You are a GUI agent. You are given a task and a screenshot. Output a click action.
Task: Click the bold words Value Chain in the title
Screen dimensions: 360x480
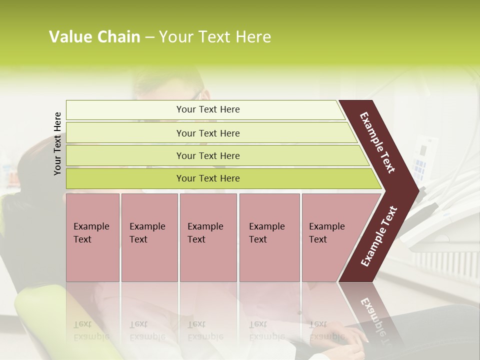coord(94,37)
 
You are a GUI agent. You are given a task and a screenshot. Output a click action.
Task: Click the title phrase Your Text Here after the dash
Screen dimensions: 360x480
coord(215,37)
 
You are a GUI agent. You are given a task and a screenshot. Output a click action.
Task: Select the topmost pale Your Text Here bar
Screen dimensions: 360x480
coord(207,109)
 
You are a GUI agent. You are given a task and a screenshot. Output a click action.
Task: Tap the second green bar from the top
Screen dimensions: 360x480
coord(207,133)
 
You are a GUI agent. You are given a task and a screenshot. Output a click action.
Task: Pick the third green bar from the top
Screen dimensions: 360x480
coord(207,155)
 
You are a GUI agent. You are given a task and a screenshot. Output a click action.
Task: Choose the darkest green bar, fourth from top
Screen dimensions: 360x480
coord(207,178)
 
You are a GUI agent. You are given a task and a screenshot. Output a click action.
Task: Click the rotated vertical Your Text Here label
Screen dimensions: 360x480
coord(57,143)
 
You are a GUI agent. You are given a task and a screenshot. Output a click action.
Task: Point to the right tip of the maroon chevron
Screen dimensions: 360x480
coord(416,190)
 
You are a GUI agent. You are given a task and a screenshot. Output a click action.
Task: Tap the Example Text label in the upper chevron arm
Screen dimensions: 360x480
coord(377,142)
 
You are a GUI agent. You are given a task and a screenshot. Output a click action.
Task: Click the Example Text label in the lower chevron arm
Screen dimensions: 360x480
coord(379,236)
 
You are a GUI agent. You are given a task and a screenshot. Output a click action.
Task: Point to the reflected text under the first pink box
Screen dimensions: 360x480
coord(91,330)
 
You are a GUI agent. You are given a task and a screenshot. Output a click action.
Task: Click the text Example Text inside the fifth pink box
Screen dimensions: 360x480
coord(326,233)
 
